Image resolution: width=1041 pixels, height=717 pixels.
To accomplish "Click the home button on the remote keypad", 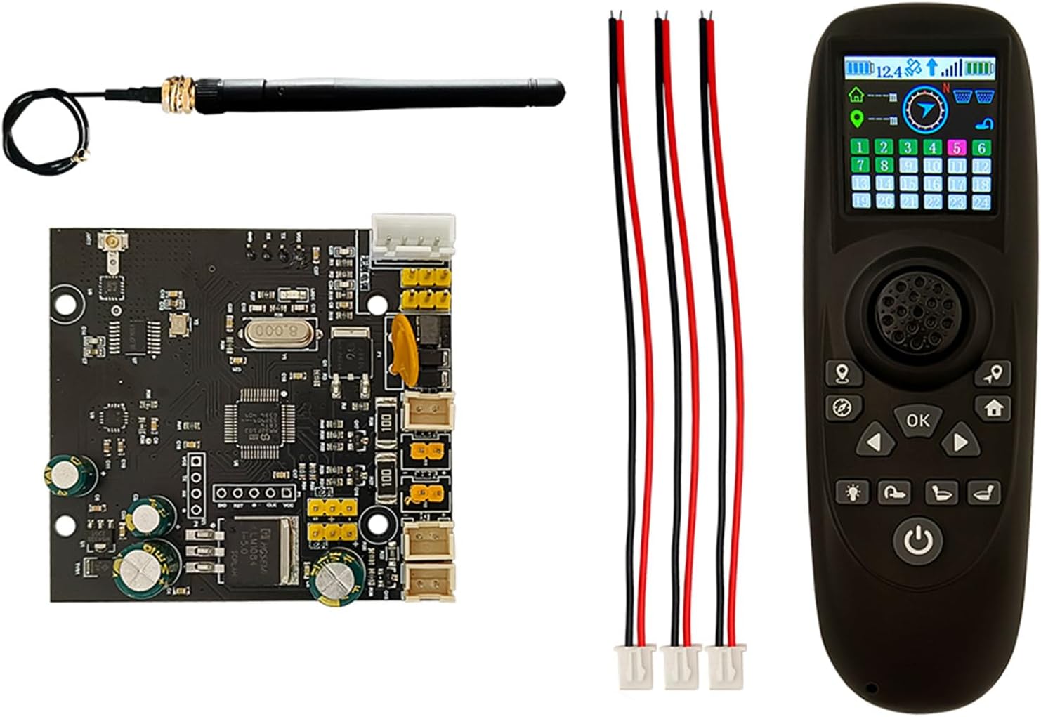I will (993, 407).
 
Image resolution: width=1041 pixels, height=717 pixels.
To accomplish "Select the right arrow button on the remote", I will (959, 442).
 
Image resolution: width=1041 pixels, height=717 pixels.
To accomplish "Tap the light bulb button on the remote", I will (853, 492).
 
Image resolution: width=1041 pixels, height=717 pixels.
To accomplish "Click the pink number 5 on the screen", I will (957, 147).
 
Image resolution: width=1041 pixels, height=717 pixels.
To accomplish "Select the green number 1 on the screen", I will (860, 147).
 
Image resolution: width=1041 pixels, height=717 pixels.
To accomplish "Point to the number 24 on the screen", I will (981, 202).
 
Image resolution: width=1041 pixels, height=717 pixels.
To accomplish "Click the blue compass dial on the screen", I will (925, 109).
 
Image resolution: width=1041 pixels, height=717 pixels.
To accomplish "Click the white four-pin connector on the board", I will (413, 239).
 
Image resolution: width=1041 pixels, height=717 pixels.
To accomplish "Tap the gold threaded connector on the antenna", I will (178, 91).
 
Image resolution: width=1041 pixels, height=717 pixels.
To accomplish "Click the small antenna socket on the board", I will (110, 244).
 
